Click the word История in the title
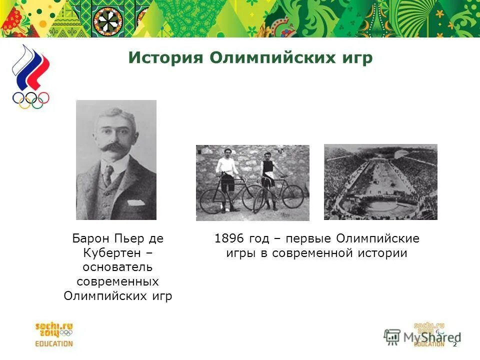pyautogui.click(x=165, y=58)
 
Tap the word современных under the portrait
pyautogui.click(x=118, y=281)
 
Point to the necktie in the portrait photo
pyautogui.click(x=108, y=175)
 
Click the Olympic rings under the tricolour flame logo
pyautogui.click(x=31, y=99)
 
